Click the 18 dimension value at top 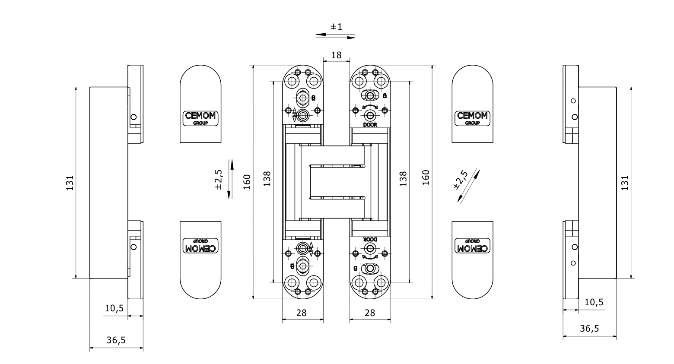point(336,55)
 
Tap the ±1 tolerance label point(336,27)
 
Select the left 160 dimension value point(247,182)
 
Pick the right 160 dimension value point(426,177)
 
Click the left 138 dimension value point(267,178)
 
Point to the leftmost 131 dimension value point(70,183)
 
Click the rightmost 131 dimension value point(625,182)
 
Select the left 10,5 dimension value point(114,308)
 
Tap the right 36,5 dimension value point(589,328)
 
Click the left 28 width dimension point(301,313)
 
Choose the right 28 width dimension point(370,313)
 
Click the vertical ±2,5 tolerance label point(218,179)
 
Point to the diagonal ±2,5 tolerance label point(461,180)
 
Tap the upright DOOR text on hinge point(370,125)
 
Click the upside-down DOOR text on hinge point(370,239)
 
